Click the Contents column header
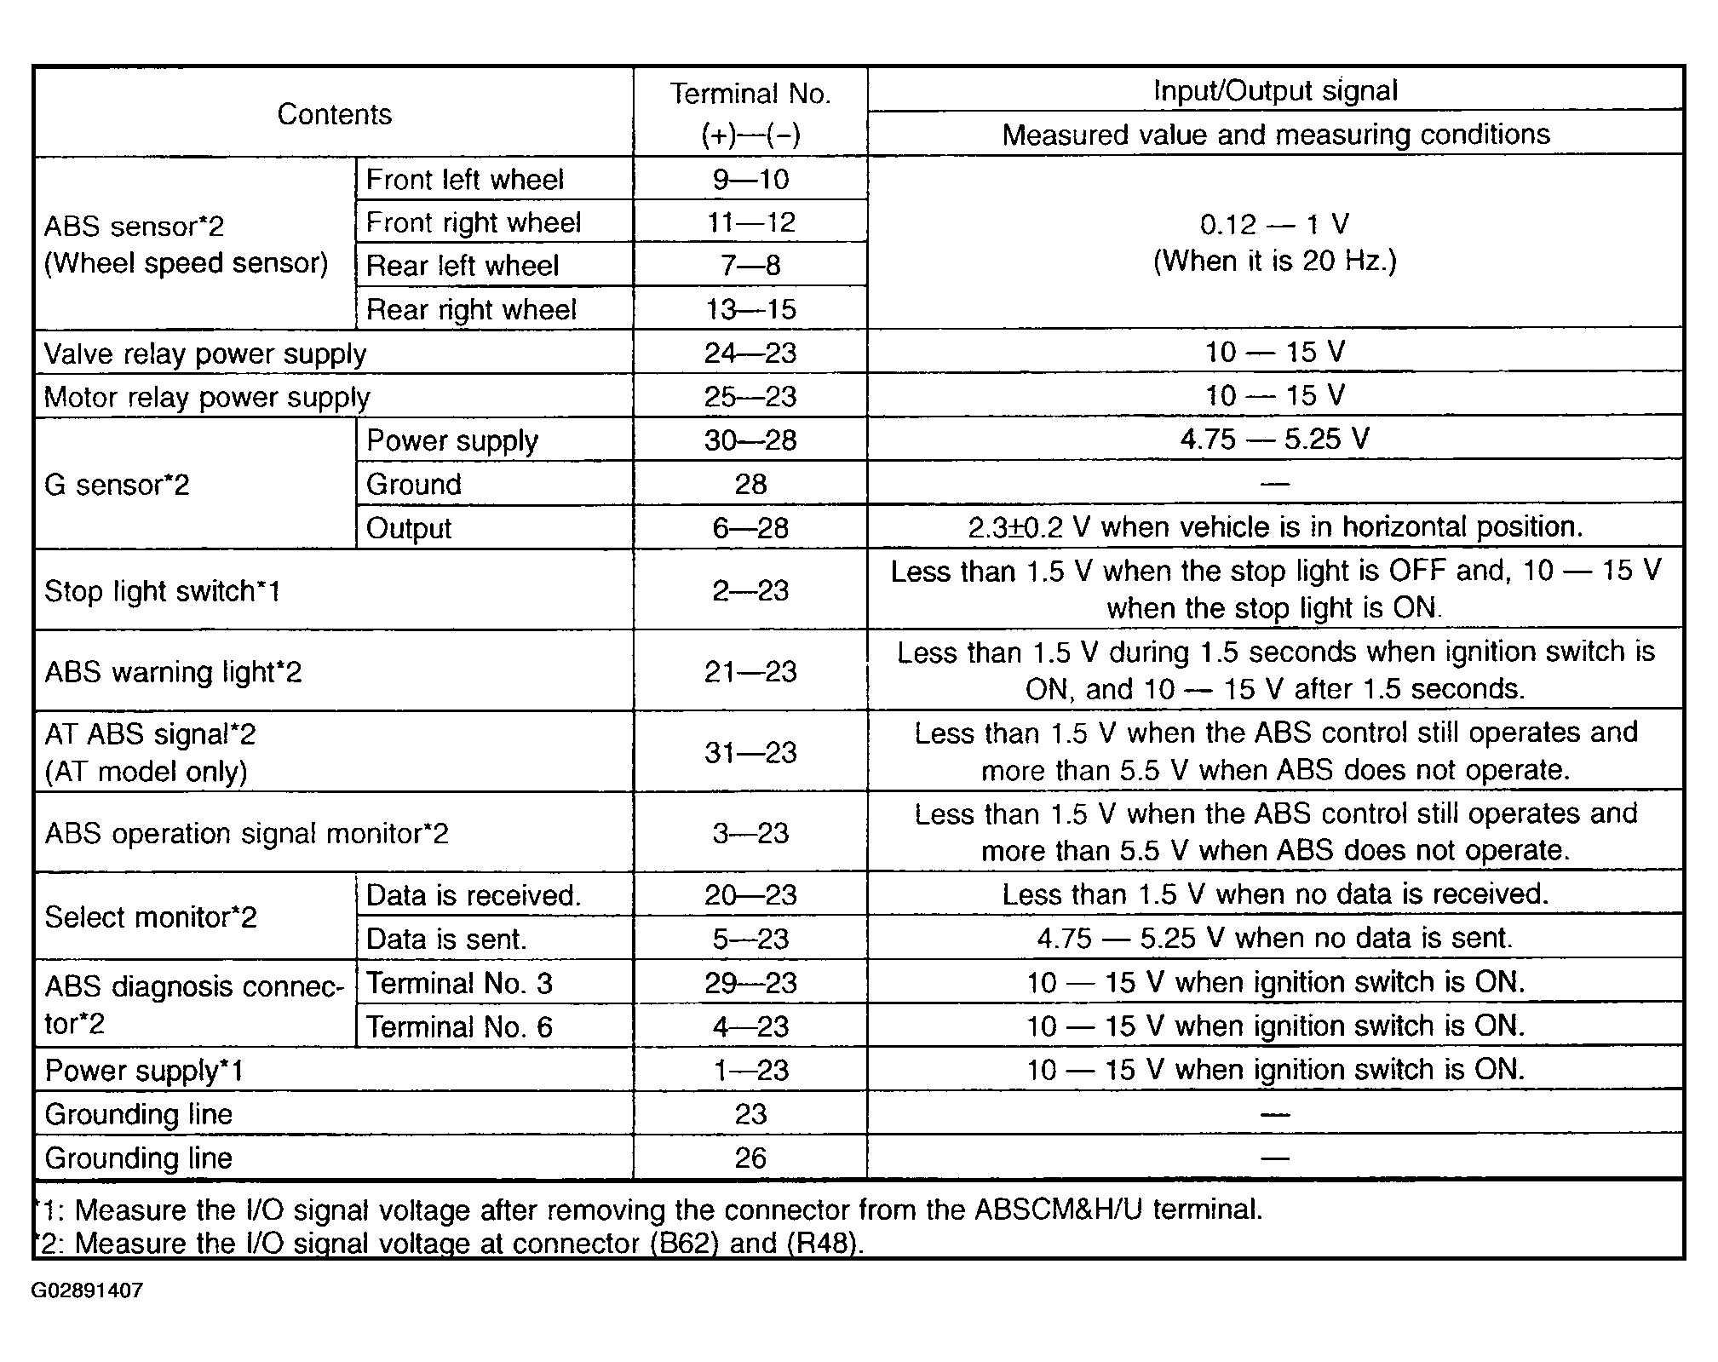click(334, 114)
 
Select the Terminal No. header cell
click(750, 113)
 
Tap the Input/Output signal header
click(1275, 90)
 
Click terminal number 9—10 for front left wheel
click(750, 179)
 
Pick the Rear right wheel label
click(471, 309)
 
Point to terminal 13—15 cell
click(750, 309)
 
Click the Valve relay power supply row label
click(205, 353)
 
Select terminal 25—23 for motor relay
click(750, 397)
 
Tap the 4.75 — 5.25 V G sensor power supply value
click(1275, 440)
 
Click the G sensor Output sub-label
click(409, 528)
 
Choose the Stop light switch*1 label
click(162, 590)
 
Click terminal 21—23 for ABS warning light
click(750, 671)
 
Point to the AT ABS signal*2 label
click(150, 734)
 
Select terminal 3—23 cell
click(750, 833)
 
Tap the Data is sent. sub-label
click(446, 939)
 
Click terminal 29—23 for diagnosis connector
click(750, 983)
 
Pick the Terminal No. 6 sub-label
click(459, 1027)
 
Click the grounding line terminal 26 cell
click(750, 1158)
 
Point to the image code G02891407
click(87, 1290)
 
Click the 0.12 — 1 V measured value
click(1275, 225)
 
